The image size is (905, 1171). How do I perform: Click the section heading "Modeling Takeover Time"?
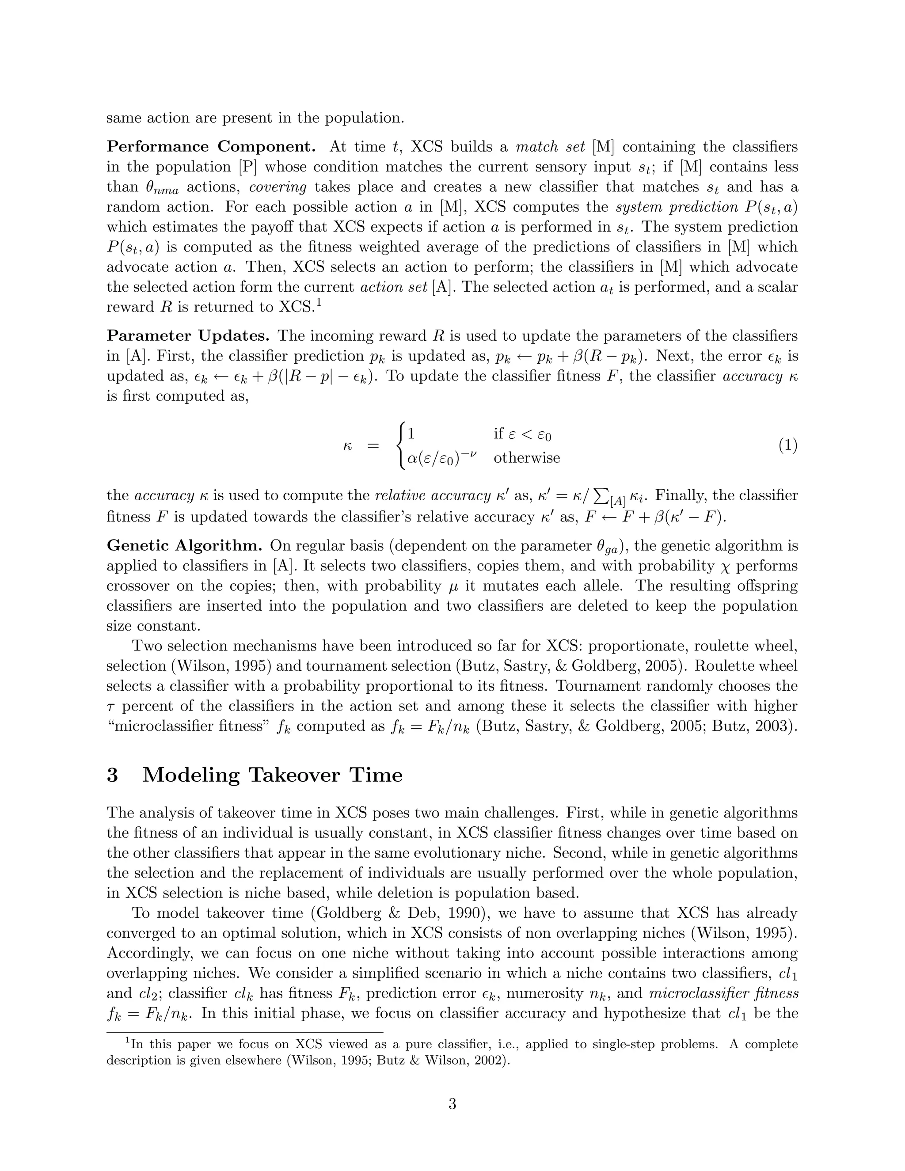(x=272, y=776)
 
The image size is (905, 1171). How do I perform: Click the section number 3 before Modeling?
(x=113, y=776)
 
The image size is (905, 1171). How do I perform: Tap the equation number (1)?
(x=787, y=445)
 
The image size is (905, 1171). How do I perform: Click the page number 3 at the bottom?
(x=452, y=1104)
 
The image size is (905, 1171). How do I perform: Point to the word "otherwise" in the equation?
(x=526, y=458)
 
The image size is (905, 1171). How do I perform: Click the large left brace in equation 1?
(x=400, y=445)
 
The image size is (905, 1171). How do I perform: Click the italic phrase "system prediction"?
(x=669, y=207)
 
